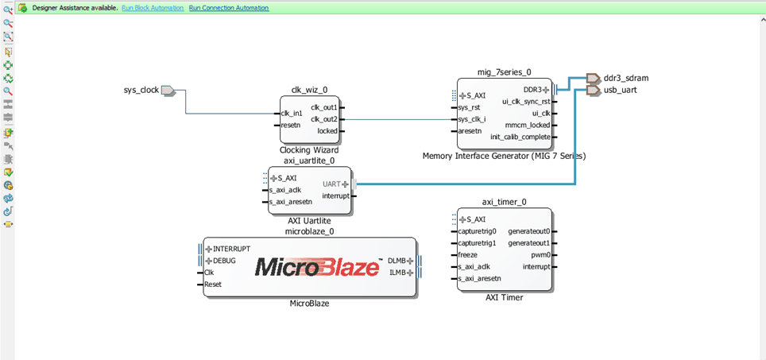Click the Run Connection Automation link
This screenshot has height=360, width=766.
[x=229, y=8]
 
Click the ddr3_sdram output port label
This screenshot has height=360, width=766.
[x=621, y=78]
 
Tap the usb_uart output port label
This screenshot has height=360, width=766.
[x=620, y=90]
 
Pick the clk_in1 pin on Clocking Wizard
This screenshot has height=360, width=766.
[x=292, y=114]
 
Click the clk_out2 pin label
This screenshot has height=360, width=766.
[x=324, y=119]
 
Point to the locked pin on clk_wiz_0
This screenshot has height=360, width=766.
[x=327, y=131]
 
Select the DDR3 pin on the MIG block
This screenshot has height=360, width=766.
[x=532, y=90]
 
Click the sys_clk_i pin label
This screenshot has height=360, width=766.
[x=472, y=119]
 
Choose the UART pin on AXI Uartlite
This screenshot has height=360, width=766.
[x=331, y=184]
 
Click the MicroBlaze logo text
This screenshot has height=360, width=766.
[x=317, y=267]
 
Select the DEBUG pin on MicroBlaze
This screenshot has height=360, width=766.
[x=224, y=261]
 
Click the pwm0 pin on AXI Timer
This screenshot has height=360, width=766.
[x=540, y=255]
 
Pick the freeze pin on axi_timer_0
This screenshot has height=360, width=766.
[x=468, y=255]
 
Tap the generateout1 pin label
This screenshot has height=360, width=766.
[x=528, y=243]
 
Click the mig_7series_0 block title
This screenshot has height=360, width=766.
[x=504, y=72]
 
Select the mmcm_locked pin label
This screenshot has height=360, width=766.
[x=527, y=125]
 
